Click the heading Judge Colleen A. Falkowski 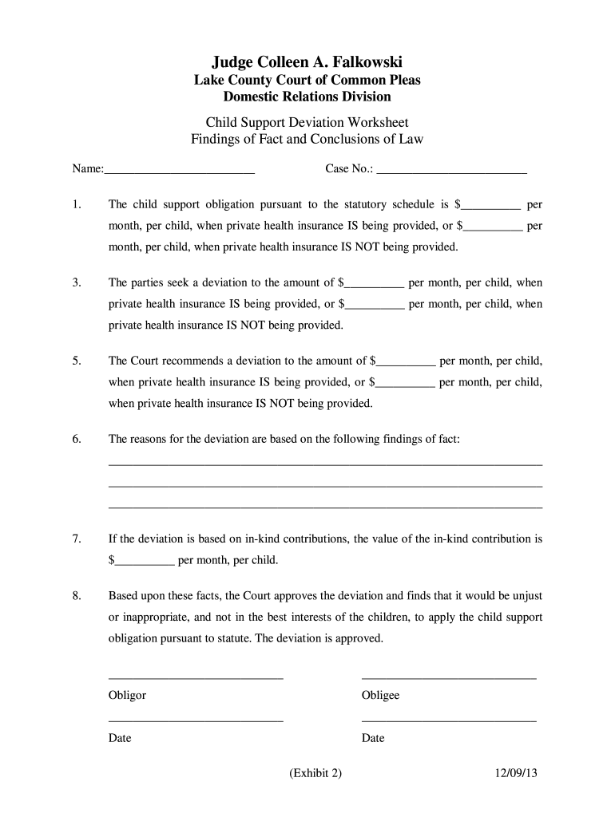click(307, 61)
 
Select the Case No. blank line click(451, 169)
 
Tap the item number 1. click(76, 205)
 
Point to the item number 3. click(76, 283)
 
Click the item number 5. click(76, 361)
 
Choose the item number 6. click(76, 440)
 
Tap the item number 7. click(76, 539)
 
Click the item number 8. click(76, 597)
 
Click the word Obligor click(128, 696)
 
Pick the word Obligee click(380, 696)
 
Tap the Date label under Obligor click(120, 739)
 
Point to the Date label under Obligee click(373, 739)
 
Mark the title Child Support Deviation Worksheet click(307, 122)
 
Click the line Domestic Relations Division click(307, 97)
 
